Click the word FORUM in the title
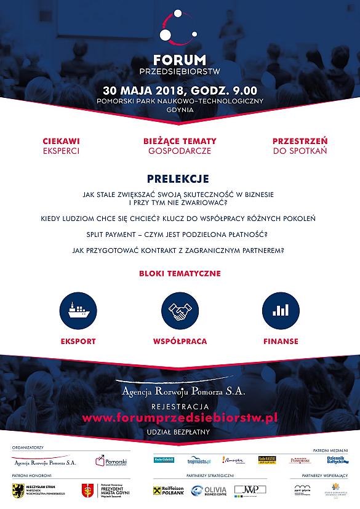pyautogui.click(x=180, y=60)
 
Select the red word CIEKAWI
pyautogui.click(x=61, y=141)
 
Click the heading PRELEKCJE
pyautogui.click(x=178, y=178)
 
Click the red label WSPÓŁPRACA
pyautogui.click(x=180, y=341)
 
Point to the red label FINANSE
pyautogui.click(x=281, y=341)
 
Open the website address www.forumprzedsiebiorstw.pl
pyautogui.click(x=180, y=417)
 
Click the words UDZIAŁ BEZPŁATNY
pyautogui.click(x=180, y=431)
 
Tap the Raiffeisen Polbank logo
pyautogui.click(x=168, y=490)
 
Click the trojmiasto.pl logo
pyautogui.click(x=200, y=460)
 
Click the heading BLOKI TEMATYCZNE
pyautogui.click(x=180, y=273)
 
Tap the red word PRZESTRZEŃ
pyautogui.click(x=300, y=141)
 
